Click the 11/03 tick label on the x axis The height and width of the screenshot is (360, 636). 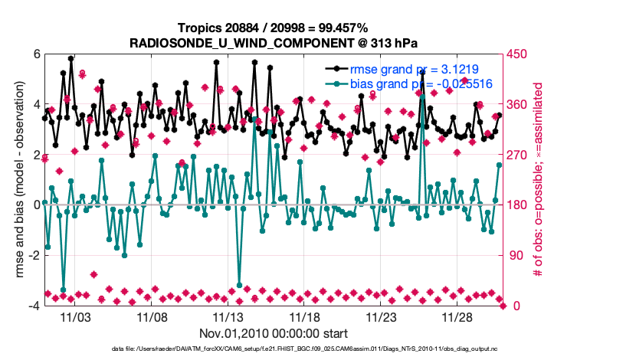click(x=74, y=316)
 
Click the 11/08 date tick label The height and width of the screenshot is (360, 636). click(x=151, y=316)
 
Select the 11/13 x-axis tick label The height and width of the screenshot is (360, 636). click(x=228, y=316)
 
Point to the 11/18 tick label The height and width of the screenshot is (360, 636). click(x=304, y=316)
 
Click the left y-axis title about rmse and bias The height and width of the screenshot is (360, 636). click(x=16, y=180)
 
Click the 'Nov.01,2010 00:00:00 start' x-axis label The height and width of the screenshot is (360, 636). click(x=274, y=333)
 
